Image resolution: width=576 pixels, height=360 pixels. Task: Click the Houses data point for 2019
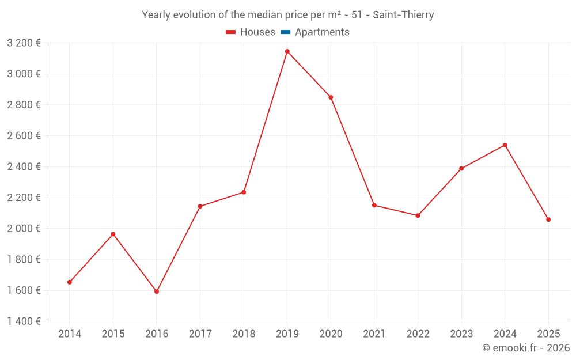tap(287, 51)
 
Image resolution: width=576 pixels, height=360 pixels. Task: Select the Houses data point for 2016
tap(157, 291)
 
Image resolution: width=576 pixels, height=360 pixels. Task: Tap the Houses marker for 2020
tap(331, 97)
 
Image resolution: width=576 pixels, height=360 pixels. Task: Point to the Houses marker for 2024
tap(505, 145)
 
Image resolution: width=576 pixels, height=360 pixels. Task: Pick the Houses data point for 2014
tap(70, 282)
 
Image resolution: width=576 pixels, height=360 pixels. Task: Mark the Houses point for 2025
tap(548, 219)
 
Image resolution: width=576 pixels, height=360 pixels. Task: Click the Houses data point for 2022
tap(418, 215)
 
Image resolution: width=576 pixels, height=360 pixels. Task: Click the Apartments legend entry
tap(322, 32)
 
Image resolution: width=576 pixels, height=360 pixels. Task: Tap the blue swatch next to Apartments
tap(285, 32)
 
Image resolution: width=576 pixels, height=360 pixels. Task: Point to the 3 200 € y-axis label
tap(24, 43)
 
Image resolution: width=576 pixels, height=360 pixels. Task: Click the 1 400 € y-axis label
tap(24, 321)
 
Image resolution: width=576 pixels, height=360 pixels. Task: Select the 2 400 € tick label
tap(24, 166)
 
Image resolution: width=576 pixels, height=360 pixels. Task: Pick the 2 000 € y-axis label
tap(24, 229)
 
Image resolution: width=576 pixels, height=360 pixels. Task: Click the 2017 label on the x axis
tap(200, 334)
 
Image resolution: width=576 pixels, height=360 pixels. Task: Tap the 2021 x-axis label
tap(374, 334)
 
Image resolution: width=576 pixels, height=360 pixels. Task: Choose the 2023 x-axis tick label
tap(461, 334)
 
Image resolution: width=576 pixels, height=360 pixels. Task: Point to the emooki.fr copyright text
tap(525, 348)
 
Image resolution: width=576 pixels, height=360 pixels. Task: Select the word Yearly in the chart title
tap(157, 15)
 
